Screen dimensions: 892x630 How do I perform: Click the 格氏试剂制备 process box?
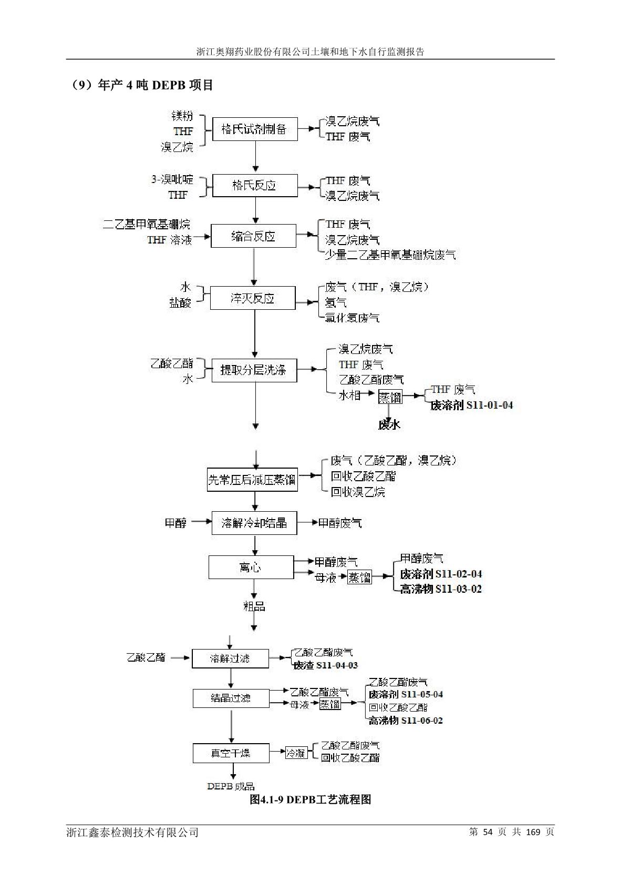click(x=255, y=129)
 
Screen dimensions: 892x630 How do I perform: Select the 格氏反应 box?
click(x=254, y=186)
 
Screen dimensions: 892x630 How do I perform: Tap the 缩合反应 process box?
click(x=253, y=237)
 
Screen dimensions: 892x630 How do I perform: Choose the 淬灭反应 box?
click(x=253, y=299)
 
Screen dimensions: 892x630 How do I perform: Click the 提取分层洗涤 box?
click(x=254, y=370)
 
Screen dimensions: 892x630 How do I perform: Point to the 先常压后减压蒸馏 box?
click(x=252, y=480)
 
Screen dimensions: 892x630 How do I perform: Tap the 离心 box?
click(x=251, y=567)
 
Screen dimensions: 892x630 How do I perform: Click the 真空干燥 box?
click(x=231, y=753)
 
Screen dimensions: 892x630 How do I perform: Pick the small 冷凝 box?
click(x=296, y=753)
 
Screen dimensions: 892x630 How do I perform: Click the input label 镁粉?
click(x=182, y=116)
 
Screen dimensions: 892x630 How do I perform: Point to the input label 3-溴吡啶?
click(x=172, y=180)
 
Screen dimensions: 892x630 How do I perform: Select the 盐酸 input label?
click(x=180, y=303)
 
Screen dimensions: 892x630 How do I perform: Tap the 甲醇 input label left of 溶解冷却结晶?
click(x=175, y=523)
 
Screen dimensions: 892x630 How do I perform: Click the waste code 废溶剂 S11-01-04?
click(x=471, y=405)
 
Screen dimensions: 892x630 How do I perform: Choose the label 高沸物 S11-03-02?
click(x=440, y=589)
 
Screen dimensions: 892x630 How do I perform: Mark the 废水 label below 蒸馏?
click(x=389, y=425)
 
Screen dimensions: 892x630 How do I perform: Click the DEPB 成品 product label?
click(x=231, y=786)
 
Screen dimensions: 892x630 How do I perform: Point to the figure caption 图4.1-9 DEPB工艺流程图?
click(x=310, y=799)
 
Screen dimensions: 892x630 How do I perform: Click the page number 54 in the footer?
click(x=487, y=832)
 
